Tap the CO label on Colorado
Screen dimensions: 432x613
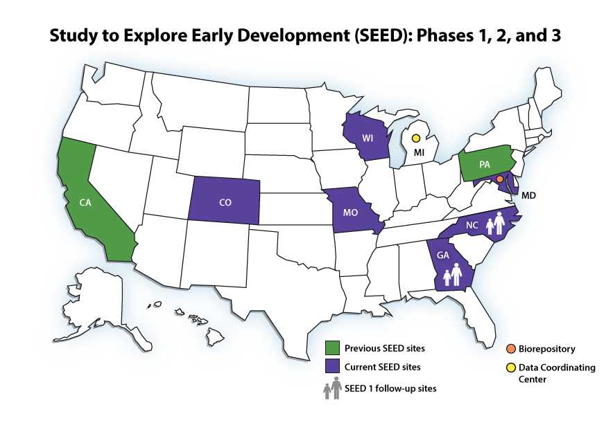(x=225, y=204)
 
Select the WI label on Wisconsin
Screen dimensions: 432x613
(x=366, y=137)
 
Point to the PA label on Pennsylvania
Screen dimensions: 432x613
(x=484, y=164)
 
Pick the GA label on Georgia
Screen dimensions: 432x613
(x=444, y=255)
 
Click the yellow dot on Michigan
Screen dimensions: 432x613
(x=416, y=138)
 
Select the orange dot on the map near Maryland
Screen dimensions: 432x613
(x=499, y=179)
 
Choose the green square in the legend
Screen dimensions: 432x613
(x=333, y=348)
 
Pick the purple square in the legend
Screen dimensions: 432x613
(x=333, y=366)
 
